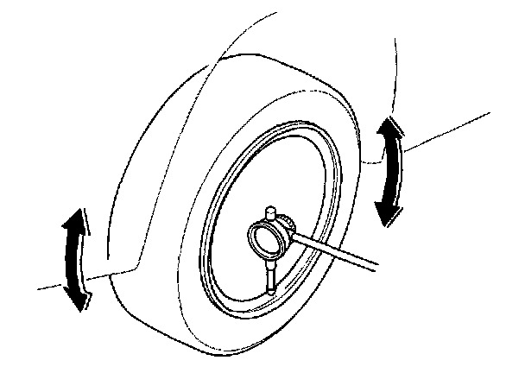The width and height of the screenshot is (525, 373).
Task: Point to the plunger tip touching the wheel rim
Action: (273, 291)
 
